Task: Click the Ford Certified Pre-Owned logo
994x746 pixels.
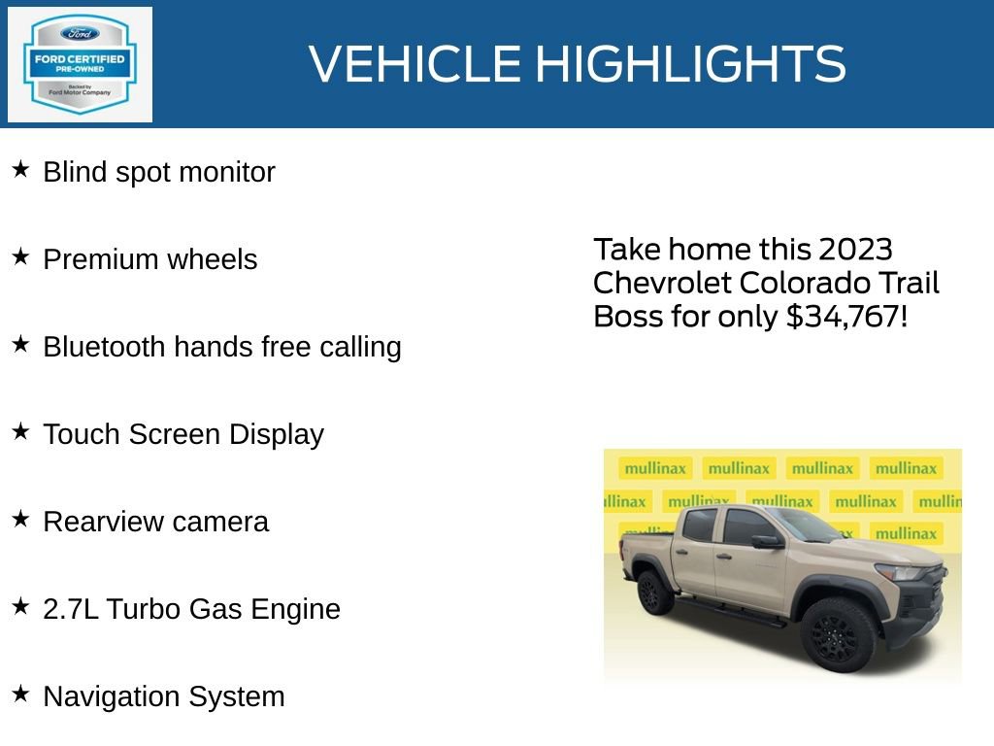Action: [80, 65]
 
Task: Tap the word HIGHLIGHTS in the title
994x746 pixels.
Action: [690, 64]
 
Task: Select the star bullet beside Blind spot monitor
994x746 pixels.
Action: [20, 170]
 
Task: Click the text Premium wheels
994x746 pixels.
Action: [150, 259]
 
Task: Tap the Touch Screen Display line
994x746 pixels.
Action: [182, 434]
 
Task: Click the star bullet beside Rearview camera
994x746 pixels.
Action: [20, 520]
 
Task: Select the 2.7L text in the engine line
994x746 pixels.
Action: [71, 609]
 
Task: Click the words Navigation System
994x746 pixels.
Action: [164, 696]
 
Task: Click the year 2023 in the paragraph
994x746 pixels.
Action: [854, 250]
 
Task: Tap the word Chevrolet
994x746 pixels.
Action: [662, 283]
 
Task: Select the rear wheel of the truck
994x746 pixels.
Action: [655, 593]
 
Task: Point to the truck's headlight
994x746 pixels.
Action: [901, 572]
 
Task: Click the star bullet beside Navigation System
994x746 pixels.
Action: [20, 695]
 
